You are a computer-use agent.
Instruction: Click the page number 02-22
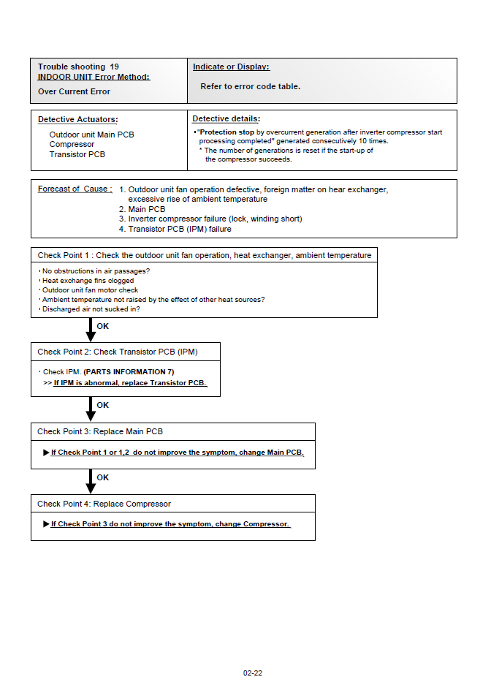point(253,673)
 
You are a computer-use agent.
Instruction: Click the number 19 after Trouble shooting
point(115,67)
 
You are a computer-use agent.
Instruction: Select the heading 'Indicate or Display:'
point(231,67)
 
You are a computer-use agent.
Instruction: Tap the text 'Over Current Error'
point(74,91)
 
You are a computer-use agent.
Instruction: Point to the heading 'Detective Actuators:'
point(77,119)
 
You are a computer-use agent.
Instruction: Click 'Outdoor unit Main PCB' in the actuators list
point(91,135)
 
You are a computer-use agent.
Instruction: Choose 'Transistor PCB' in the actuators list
point(77,154)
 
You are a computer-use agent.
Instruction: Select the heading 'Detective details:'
point(226,118)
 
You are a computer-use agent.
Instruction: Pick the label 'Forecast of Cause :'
point(75,189)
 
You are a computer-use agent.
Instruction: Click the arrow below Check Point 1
point(91,330)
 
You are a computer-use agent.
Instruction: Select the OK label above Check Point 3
point(103,405)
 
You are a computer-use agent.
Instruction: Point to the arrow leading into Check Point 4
point(91,481)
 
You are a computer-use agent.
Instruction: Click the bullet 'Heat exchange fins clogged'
point(88,281)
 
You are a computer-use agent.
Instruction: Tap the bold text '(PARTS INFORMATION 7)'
point(129,372)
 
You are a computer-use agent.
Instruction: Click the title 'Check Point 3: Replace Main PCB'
point(100,431)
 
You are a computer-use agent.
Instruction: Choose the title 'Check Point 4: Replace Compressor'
point(104,504)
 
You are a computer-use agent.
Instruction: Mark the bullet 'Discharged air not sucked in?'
point(91,309)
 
